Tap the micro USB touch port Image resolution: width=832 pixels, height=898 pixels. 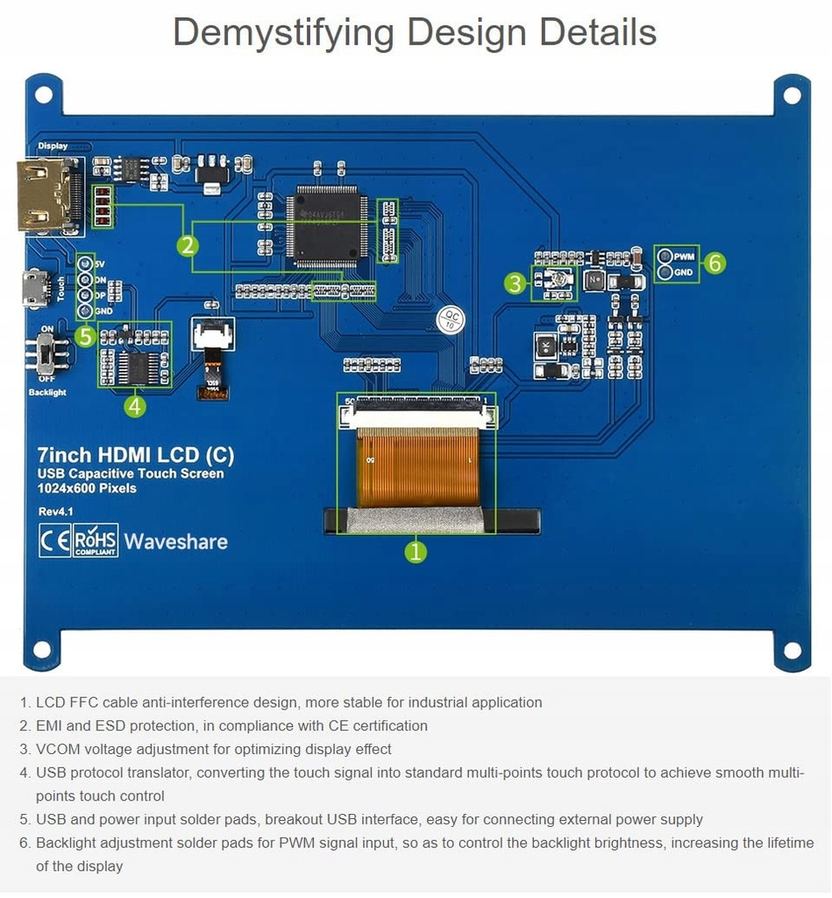coord(36,289)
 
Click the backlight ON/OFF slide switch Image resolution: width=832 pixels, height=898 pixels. coord(45,354)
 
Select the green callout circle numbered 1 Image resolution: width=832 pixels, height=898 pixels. coord(416,551)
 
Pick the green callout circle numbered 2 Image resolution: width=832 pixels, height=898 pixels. coord(187,246)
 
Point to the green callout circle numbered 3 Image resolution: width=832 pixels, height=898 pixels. coord(515,282)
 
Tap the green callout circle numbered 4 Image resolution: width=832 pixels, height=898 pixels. coord(134,405)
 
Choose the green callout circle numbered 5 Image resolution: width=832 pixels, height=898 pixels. coord(85,336)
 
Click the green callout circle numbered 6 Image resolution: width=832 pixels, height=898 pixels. coord(715,262)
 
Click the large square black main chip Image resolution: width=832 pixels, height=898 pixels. coord(326,225)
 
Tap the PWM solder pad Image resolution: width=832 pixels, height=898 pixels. coord(665,257)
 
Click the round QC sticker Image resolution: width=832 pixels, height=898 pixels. coord(451,318)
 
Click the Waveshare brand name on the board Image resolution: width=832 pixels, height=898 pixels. coord(175,541)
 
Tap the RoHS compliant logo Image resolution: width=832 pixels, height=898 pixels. coord(96,540)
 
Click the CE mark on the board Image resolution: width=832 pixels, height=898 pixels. coord(53,540)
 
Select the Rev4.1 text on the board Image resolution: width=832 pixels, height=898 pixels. coord(55,511)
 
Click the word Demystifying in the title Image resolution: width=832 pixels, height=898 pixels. coord(283,32)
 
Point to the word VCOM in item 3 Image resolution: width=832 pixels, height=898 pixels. coord(56,749)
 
